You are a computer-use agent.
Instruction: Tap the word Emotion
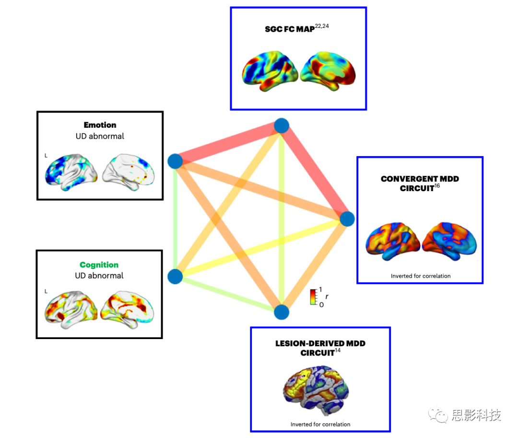[x=100, y=125]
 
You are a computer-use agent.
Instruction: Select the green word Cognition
[x=99, y=265]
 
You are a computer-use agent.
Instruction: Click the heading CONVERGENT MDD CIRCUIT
[x=420, y=183]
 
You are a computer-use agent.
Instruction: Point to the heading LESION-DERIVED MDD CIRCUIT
[x=320, y=348]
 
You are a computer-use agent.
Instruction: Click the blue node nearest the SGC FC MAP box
[x=281, y=126]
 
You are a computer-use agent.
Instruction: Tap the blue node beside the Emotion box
[x=175, y=161]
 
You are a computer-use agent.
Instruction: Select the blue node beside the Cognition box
[x=175, y=276]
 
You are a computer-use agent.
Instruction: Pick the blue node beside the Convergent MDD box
[x=347, y=219]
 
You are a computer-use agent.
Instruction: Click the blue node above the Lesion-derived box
[x=282, y=312]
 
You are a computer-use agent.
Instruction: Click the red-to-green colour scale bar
[x=313, y=297]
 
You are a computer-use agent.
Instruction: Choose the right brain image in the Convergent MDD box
[x=449, y=241]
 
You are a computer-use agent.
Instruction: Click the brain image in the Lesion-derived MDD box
[x=320, y=390]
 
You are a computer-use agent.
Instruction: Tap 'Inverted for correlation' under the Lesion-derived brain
[x=320, y=424]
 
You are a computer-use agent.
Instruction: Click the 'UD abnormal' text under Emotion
[x=100, y=136]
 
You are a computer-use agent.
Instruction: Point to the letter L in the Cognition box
[x=46, y=291]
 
